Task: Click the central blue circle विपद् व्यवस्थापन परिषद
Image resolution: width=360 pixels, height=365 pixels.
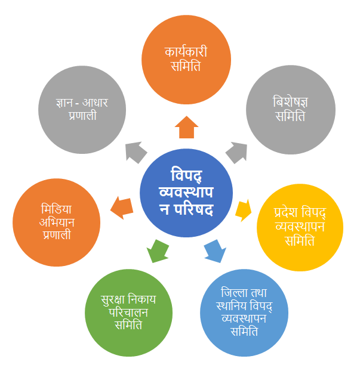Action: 186,193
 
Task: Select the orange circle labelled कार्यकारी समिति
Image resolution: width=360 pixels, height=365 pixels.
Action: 186,60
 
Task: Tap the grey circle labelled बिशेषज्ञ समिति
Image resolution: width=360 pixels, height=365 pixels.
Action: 291,110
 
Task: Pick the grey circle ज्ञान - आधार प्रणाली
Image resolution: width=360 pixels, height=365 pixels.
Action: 82,110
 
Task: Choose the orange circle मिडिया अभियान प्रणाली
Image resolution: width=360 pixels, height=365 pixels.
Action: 56,222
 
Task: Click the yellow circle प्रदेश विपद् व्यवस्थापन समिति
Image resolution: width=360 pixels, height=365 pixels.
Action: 300,227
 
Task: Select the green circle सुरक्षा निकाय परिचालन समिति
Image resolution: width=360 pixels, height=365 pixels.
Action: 128,313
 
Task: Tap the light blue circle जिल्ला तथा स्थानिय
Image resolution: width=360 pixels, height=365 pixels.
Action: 244,313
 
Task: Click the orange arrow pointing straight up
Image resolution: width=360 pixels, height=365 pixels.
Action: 186,127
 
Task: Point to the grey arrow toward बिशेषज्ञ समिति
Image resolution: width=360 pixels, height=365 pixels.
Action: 237,152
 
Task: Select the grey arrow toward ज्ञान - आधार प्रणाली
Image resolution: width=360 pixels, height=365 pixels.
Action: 136,152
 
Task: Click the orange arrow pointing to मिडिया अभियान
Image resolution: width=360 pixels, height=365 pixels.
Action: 122,208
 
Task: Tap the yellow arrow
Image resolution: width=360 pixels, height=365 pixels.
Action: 243,210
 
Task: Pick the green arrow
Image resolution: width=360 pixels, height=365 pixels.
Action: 158,251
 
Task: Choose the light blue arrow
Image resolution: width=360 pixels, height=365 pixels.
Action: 215,251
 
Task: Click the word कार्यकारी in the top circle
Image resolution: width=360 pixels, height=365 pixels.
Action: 186,51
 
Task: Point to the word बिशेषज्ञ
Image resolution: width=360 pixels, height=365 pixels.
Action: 290,102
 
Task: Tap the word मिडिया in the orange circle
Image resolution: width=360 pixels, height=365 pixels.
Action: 56,209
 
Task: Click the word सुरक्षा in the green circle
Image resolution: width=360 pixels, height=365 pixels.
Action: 113,299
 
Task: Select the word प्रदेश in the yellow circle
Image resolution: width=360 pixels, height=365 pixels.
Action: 286,212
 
